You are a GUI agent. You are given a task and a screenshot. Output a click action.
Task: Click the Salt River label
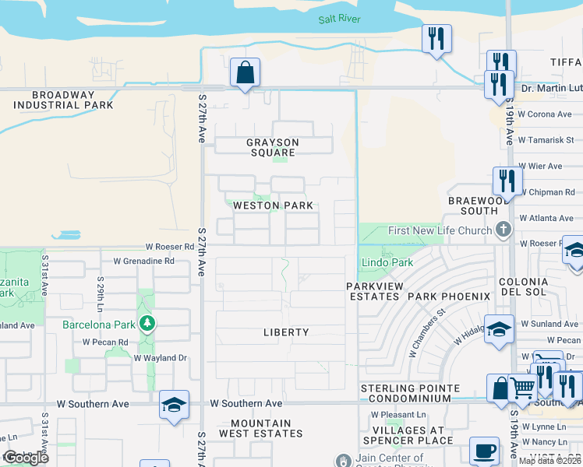click(339, 19)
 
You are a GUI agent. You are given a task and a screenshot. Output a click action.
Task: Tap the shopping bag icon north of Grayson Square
click(245, 73)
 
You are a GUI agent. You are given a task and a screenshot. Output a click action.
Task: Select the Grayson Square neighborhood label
click(273, 148)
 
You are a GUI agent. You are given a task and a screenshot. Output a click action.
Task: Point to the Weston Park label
click(274, 205)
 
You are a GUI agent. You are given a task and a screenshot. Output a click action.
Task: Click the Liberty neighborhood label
click(286, 332)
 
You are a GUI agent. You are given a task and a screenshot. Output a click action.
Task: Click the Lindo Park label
click(387, 263)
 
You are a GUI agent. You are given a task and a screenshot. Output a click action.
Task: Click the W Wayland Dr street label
click(161, 358)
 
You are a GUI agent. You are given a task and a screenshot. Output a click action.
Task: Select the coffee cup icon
click(484, 450)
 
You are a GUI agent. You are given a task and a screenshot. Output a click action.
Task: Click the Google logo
click(25, 458)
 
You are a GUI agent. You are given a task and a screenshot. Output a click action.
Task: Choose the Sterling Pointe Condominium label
click(405, 393)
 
